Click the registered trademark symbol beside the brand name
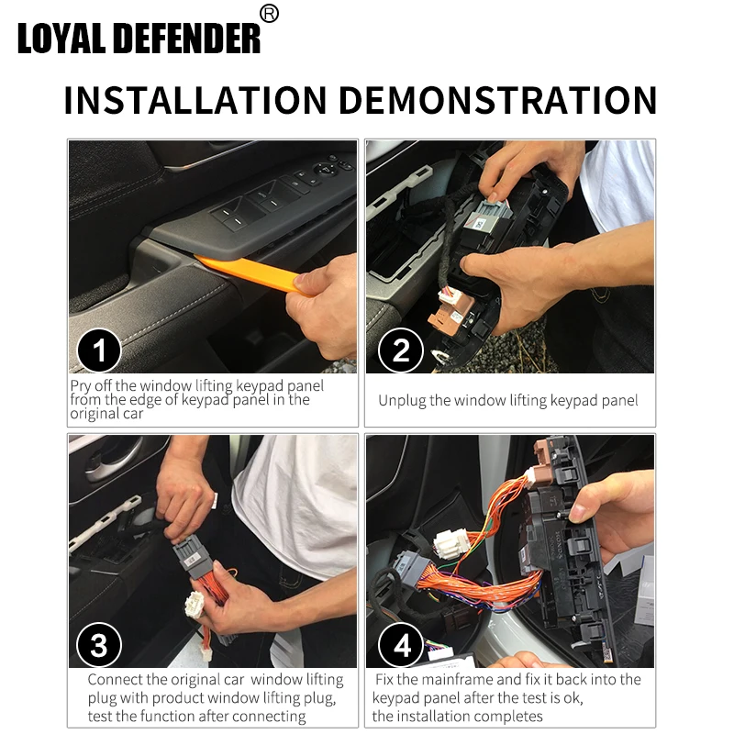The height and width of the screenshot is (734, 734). coord(269,14)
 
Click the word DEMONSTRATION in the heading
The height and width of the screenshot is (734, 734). coord(497,100)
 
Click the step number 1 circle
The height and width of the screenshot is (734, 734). coord(99,350)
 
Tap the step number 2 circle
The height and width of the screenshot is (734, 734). coord(401,350)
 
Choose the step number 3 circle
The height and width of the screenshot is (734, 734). coord(99,645)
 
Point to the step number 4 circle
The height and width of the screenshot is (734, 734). coord(401,645)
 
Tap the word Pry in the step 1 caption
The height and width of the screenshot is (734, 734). coord(80,386)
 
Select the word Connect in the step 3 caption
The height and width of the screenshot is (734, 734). coord(115,680)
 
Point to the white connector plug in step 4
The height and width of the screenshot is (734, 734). coord(450,544)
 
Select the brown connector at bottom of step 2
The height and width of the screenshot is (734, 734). coord(446,315)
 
